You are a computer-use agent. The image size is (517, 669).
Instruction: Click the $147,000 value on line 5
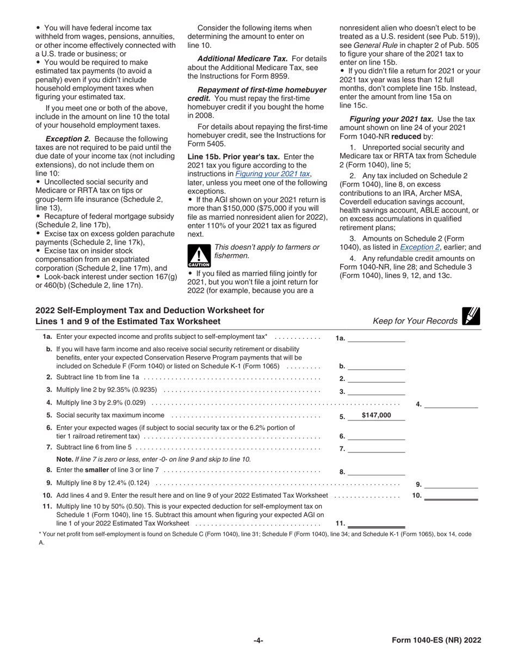point(376,416)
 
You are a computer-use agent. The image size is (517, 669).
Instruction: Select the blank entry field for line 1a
point(376,338)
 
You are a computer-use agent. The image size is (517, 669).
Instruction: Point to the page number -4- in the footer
point(258,640)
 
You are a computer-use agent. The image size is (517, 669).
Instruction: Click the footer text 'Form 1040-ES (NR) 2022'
point(436,640)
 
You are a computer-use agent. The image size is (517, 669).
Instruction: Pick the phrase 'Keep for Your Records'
point(415,321)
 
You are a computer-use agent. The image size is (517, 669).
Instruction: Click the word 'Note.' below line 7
point(59,460)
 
